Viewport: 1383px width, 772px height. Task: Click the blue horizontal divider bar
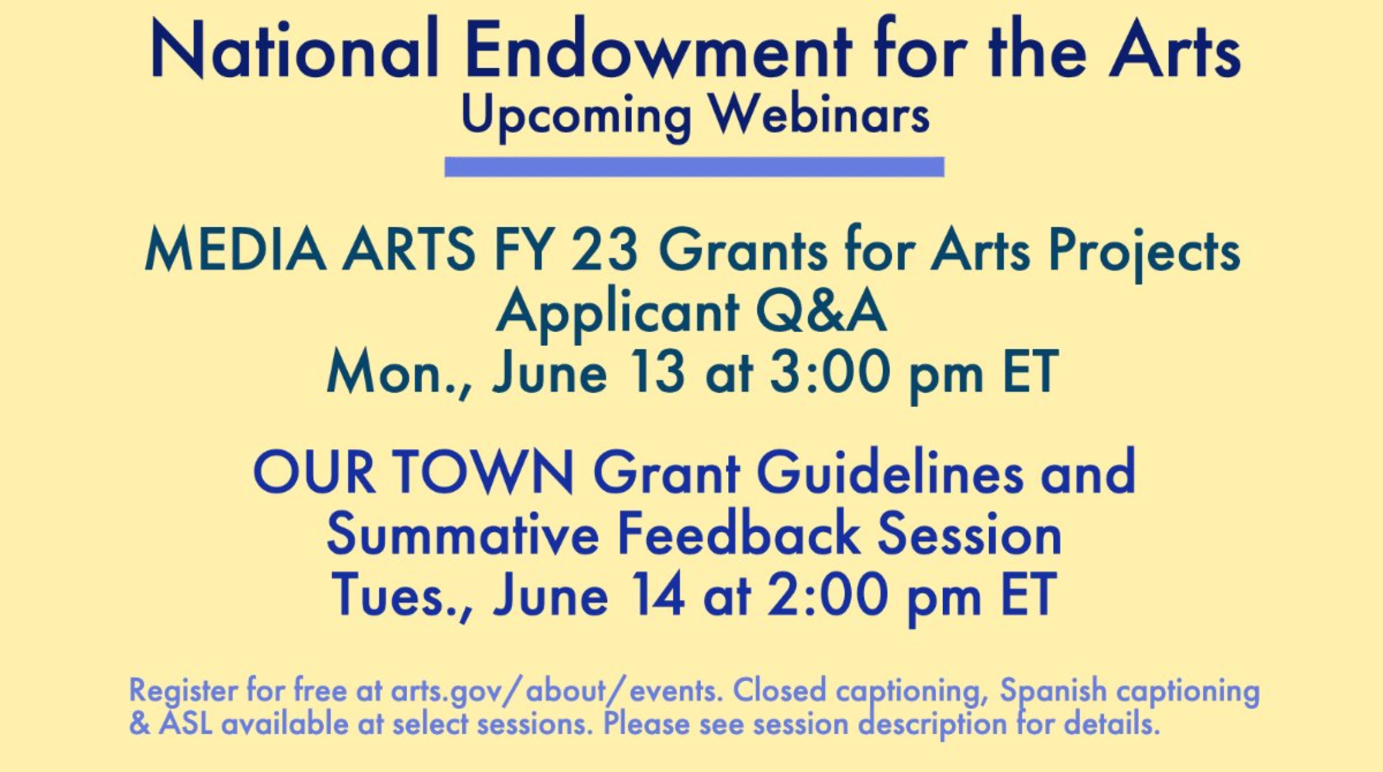pos(694,167)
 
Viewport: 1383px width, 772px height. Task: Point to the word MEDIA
pos(235,250)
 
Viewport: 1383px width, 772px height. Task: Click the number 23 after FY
pos(604,250)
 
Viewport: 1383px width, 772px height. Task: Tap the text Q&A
pos(821,312)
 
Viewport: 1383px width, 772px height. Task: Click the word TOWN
pos(484,473)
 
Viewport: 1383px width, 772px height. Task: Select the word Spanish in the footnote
pos(1053,691)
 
